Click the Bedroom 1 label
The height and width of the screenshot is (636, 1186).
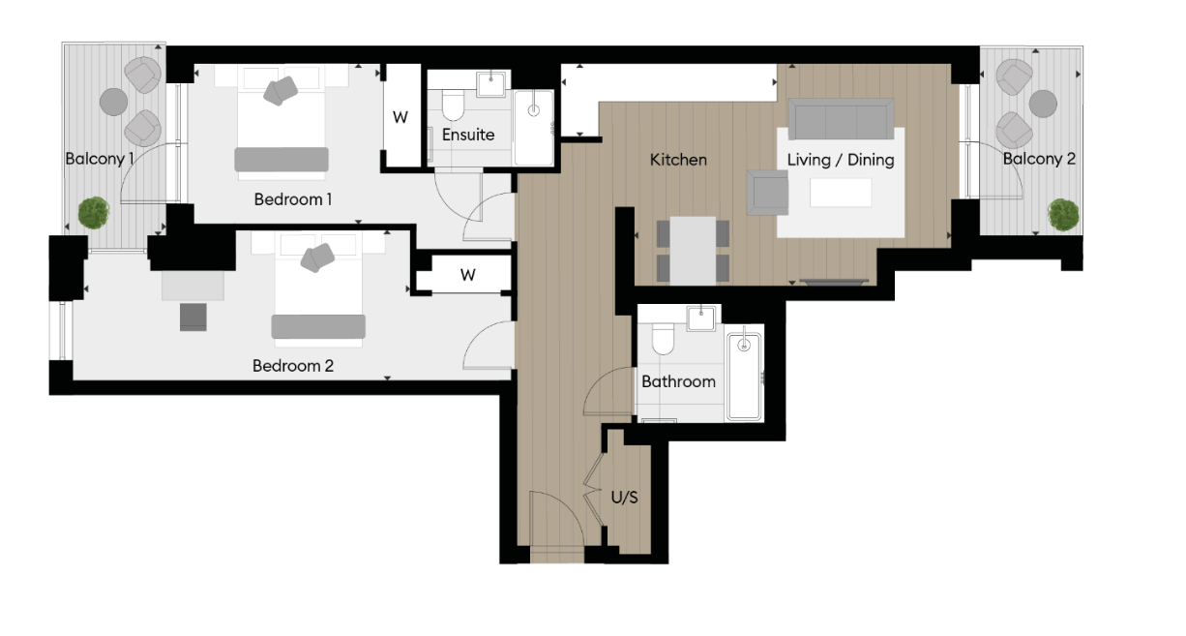(x=293, y=199)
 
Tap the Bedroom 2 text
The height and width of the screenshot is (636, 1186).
(x=292, y=366)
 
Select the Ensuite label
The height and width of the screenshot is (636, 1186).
(x=468, y=135)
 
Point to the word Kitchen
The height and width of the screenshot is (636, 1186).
(x=678, y=160)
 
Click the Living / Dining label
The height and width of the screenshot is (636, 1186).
(x=840, y=160)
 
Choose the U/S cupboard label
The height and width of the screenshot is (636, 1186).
(x=624, y=498)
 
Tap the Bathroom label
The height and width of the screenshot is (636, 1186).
(x=678, y=381)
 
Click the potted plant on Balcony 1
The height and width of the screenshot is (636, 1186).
(x=94, y=212)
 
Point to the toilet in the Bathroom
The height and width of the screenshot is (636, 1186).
(x=663, y=339)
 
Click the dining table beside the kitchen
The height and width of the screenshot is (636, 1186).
(x=693, y=250)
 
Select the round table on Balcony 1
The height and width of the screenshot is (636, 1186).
(x=114, y=101)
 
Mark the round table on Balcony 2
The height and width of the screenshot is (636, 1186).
(x=1043, y=103)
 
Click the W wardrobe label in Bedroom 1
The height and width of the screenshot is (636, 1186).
(x=400, y=117)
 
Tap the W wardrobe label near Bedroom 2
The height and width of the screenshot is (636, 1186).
(x=468, y=275)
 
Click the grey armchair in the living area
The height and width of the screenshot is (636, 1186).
(x=767, y=192)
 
